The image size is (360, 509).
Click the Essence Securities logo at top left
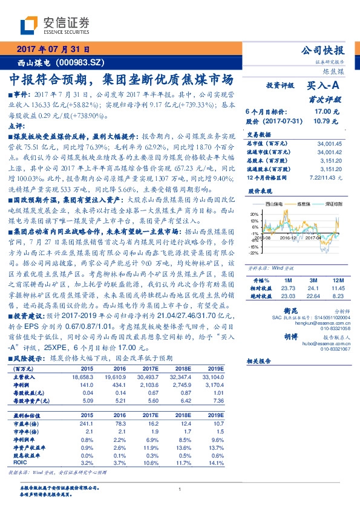pos(54,25)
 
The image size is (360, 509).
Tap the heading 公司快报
pos(326,51)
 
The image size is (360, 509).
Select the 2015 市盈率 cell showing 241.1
pos(87,423)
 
